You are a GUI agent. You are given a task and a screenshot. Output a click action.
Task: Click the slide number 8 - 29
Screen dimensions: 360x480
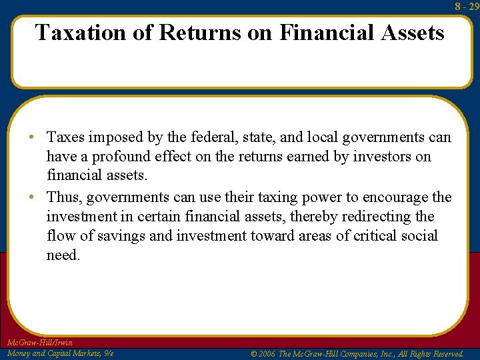(467, 6)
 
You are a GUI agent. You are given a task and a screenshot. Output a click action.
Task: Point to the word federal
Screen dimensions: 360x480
(194, 137)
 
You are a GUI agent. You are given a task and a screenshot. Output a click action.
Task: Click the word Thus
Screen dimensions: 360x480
(64, 197)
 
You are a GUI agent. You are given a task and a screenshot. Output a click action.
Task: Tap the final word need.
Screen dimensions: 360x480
(63, 255)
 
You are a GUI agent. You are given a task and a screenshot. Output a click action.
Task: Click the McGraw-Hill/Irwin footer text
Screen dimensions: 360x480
(39, 343)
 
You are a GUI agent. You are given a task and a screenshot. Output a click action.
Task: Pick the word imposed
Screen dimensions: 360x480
(115, 137)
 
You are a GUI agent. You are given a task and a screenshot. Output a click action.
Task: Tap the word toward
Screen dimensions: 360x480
(275, 236)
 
